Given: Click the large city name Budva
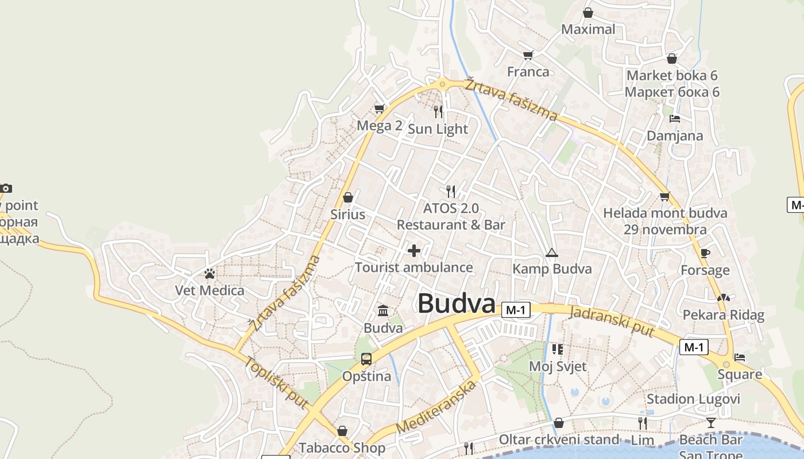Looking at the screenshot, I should pyautogui.click(x=456, y=304).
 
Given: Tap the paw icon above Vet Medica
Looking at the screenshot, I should pyautogui.click(x=210, y=274).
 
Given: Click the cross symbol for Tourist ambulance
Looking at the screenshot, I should pyautogui.click(x=413, y=251).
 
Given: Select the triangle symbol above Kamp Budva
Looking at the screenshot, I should pyautogui.click(x=551, y=252).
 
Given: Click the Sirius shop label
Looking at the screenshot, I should pyautogui.click(x=347, y=215).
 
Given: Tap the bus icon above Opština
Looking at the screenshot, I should pyautogui.click(x=366, y=360).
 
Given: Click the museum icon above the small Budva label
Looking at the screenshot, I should pyautogui.click(x=383, y=311).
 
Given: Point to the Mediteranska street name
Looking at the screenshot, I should pyautogui.click(x=436, y=407).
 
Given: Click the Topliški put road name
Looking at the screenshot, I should pyautogui.click(x=275, y=383).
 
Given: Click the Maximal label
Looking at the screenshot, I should pyautogui.click(x=588, y=29).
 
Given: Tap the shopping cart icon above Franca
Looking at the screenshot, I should pyautogui.click(x=528, y=55).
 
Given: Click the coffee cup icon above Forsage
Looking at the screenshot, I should pyautogui.click(x=705, y=253).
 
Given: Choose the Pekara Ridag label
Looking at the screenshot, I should pyautogui.click(x=723, y=315).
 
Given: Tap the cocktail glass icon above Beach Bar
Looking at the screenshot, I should pyautogui.click(x=711, y=423).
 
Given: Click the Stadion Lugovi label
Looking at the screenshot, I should pyautogui.click(x=693, y=399).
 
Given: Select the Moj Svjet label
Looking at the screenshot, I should pyautogui.click(x=558, y=366).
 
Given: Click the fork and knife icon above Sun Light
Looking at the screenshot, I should pyautogui.click(x=438, y=111).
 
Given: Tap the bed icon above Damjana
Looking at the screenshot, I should pyautogui.click(x=675, y=119).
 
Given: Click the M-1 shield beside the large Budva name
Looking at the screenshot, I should pyautogui.click(x=515, y=310).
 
